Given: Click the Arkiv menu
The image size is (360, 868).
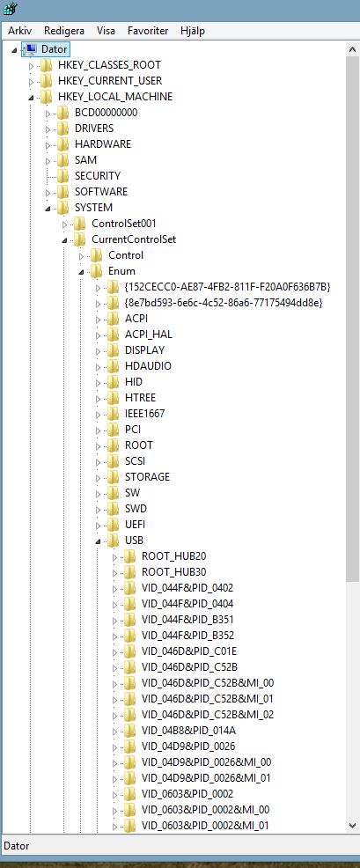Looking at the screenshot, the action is pyautogui.click(x=20, y=31).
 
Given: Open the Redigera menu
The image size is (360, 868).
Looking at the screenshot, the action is pyautogui.click(x=64, y=31).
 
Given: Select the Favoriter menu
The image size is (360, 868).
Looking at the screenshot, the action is pyautogui.click(x=148, y=31).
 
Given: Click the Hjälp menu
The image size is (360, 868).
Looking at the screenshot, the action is pyautogui.click(x=193, y=31).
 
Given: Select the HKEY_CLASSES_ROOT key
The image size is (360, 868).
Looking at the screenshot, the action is pyautogui.click(x=110, y=65).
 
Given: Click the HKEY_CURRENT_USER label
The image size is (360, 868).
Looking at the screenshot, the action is pyautogui.click(x=110, y=81).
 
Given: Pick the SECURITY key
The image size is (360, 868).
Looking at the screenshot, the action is pyautogui.click(x=98, y=176).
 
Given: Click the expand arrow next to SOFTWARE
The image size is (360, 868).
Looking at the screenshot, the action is pyautogui.click(x=48, y=193).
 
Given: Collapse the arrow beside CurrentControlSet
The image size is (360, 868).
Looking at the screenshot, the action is pyautogui.click(x=64, y=240).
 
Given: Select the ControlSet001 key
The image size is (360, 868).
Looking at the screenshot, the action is pyautogui.click(x=124, y=224).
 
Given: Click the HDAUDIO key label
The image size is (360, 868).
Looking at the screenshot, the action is pyautogui.click(x=149, y=366).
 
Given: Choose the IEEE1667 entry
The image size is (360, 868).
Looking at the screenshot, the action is pyautogui.click(x=144, y=414).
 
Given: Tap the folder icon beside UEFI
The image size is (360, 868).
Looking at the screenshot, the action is pyautogui.click(x=113, y=524).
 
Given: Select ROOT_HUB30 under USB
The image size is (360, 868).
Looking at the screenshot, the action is pyautogui.click(x=174, y=572).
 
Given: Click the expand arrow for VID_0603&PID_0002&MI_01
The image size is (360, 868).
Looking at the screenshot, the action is pyautogui.click(x=114, y=827).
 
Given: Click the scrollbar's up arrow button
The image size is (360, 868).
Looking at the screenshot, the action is pyautogui.click(x=352, y=49).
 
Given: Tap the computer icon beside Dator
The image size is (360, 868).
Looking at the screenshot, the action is pyautogui.click(x=31, y=49).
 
